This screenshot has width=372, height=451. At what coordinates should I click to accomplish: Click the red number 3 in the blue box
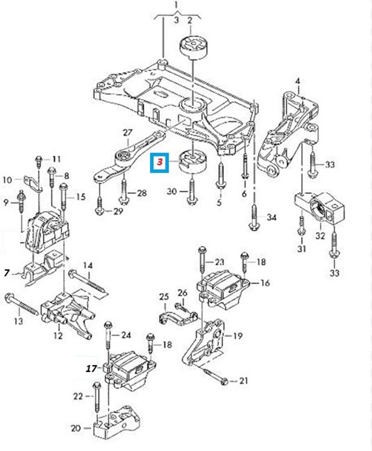point(160,162)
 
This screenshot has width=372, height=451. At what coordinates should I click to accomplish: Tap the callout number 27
point(127,133)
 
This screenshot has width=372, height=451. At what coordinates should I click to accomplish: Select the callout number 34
point(271,218)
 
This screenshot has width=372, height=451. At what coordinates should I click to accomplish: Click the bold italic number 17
point(92,369)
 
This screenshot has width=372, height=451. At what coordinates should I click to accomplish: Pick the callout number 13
point(18,322)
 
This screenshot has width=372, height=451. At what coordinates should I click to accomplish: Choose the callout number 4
point(298,81)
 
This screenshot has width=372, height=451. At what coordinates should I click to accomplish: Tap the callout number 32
point(320,236)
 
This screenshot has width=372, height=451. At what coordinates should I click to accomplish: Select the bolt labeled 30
point(192,193)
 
